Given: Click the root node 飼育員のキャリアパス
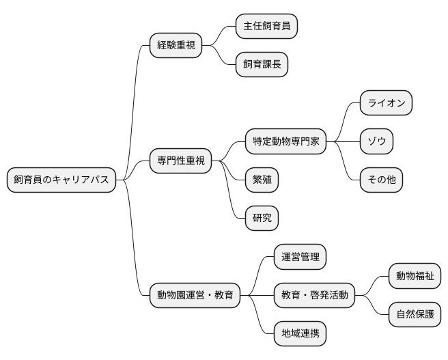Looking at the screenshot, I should (61, 180).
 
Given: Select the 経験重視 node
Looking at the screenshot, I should (176, 46).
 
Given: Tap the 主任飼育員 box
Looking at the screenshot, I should (266, 26).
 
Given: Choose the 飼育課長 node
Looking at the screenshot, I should (262, 65).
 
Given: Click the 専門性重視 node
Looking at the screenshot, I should (181, 161).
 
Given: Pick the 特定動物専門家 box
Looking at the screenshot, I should (286, 142).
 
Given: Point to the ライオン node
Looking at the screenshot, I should (387, 103).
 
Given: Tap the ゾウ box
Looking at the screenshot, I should (377, 142).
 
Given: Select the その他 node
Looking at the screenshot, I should (382, 180).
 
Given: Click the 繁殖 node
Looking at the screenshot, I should (262, 180).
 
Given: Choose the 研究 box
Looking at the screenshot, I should (262, 219).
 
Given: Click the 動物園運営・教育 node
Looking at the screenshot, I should (195, 296).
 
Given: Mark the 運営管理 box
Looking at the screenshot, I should (300, 258).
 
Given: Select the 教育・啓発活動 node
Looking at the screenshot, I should (315, 296).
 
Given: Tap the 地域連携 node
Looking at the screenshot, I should (300, 334).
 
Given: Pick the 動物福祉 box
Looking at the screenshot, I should (415, 277).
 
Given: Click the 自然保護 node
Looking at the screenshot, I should (415, 315).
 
